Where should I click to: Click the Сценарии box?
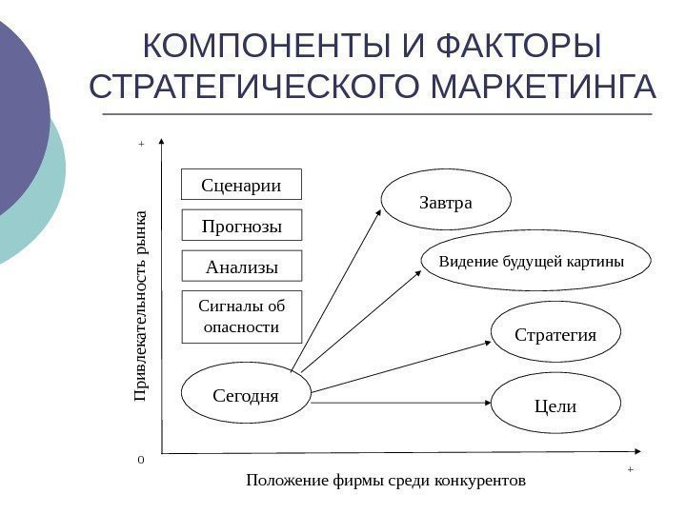tap(242, 185)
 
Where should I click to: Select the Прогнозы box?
tap(242, 226)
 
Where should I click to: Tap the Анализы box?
tap(242, 267)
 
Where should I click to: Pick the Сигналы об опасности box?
tap(242, 316)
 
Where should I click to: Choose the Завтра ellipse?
tap(446, 202)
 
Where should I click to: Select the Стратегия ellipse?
tap(555, 335)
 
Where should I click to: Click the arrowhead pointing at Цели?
tap(485, 404)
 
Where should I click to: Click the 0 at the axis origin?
tap(141, 459)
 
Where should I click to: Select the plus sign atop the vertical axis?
tap(140, 144)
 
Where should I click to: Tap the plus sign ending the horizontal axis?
tap(630, 469)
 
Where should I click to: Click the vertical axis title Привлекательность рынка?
tap(141, 304)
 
